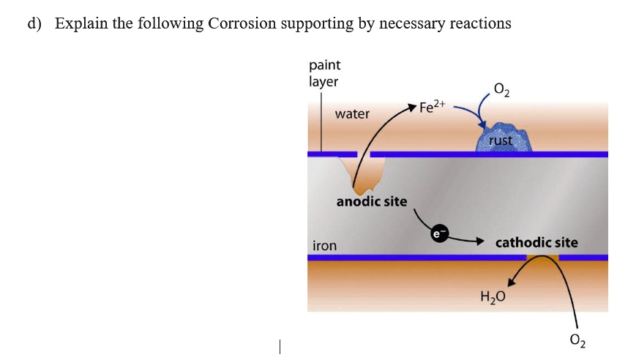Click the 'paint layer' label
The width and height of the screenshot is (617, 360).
[324, 74]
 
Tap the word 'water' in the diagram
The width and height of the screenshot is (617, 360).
[352, 114]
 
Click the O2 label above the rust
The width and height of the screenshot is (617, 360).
[502, 91]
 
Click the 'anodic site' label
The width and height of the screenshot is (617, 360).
[372, 200]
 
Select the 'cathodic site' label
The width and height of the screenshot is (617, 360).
[536, 242]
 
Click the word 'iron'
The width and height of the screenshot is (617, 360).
[324, 246]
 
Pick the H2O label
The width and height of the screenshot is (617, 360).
[493, 297]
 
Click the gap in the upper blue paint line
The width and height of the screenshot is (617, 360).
[364, 154]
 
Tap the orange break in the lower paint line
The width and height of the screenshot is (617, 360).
[542, 258]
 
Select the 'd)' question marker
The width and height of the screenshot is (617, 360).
[34, 23]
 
